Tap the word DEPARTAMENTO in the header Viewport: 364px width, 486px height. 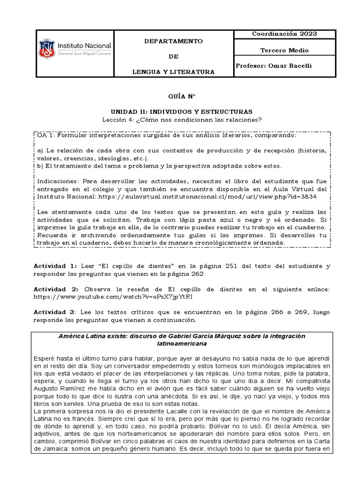173,41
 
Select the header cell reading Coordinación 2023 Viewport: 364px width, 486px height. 285,34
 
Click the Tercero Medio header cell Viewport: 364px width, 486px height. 285,50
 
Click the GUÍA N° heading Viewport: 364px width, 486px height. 182,95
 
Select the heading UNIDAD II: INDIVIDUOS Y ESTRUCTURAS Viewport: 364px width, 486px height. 182,111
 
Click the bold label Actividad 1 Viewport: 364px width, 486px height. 53,266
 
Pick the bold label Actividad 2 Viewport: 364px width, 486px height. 53,289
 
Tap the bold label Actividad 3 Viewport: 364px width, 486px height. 53,312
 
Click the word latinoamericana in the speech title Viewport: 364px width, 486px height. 182,343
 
